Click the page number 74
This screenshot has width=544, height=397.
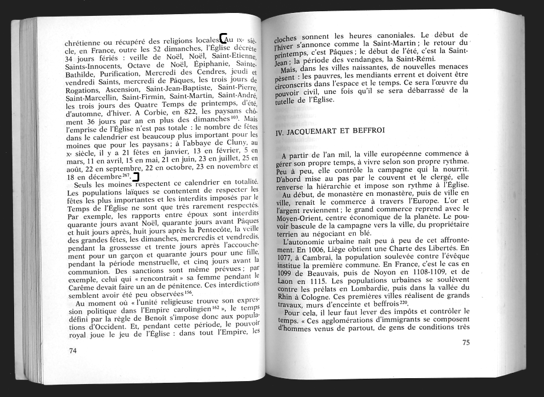(73, 350)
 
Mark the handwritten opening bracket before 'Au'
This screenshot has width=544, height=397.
(222, 38)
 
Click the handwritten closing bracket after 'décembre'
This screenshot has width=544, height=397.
(136, 176)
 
